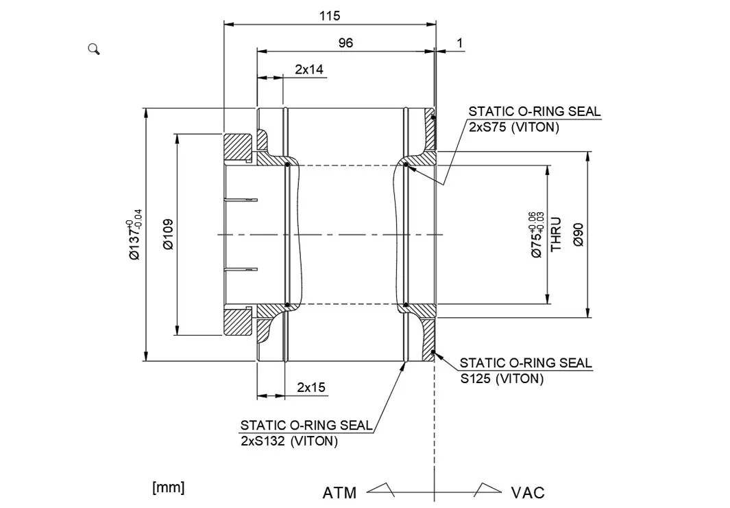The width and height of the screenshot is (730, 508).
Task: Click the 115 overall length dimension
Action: (x=329, y=15)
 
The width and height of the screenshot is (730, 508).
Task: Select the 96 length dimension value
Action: (x=345, y=43)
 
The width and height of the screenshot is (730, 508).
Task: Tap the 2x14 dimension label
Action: (x=309, y=69)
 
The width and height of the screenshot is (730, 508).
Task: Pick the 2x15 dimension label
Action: (x=311, y=387)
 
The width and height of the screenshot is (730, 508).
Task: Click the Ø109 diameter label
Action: (x=168, y=234)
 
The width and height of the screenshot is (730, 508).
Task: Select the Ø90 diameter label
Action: (x=578, y=234)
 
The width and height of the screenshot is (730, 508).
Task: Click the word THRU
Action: (x=557, y=234)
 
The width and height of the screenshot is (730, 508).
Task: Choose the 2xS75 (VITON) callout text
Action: (x=513, y=127)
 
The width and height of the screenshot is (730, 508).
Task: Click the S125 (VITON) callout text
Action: (x=501, y=378)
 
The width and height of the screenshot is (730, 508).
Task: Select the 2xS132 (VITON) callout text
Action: (x=289, y=441)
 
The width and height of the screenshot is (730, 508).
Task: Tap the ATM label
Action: (x=339, y=493)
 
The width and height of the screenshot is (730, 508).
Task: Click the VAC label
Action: (x=528, y=493)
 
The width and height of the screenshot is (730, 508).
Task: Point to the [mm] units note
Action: (x=168, y=487)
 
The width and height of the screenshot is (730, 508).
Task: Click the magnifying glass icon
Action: (x=94, y=49)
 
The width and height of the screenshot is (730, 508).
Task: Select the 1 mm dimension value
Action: (x=460, y=43)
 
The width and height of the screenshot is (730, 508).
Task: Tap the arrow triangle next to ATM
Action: (x=381, y=489)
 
